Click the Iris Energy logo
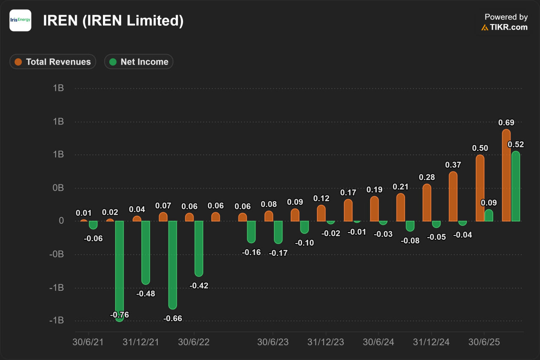point(20,20)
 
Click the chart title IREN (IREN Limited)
point(113,21)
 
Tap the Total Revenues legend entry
point(53,62)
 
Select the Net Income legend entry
point(139,62)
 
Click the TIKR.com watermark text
point(508,27)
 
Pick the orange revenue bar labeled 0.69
point(506,175)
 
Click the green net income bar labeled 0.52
point(516,186)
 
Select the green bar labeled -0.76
point(119,270)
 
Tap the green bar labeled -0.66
point(173,264)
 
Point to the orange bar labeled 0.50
point(480,188)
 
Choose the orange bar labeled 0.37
point(453,196)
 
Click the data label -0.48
point(146,294)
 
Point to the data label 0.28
point(427,177)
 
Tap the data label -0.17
point(278,253)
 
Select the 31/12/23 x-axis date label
point(326,342)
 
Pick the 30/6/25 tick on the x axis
point(484,342)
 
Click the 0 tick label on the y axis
point(61,221)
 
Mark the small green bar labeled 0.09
point(489,215)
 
